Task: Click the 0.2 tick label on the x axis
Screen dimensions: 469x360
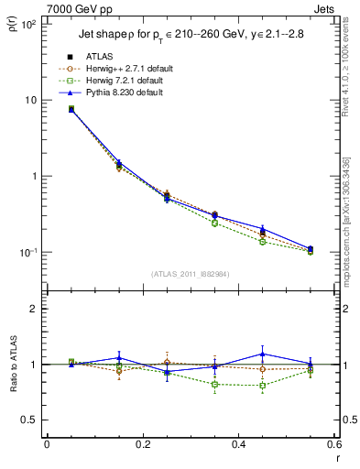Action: pyautogui.click(x=142, y=445)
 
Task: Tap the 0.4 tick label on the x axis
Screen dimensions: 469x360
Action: pyautogui.click(x=237, y=445)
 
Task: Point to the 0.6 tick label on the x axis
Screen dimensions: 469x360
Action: pyautogui.click(x=332, y=445)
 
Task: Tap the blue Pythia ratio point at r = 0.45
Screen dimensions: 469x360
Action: pyautogui.click(x=262, y=354)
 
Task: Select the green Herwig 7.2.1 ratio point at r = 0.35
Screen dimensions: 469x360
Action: pyautogui.click(x=214, y=384)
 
